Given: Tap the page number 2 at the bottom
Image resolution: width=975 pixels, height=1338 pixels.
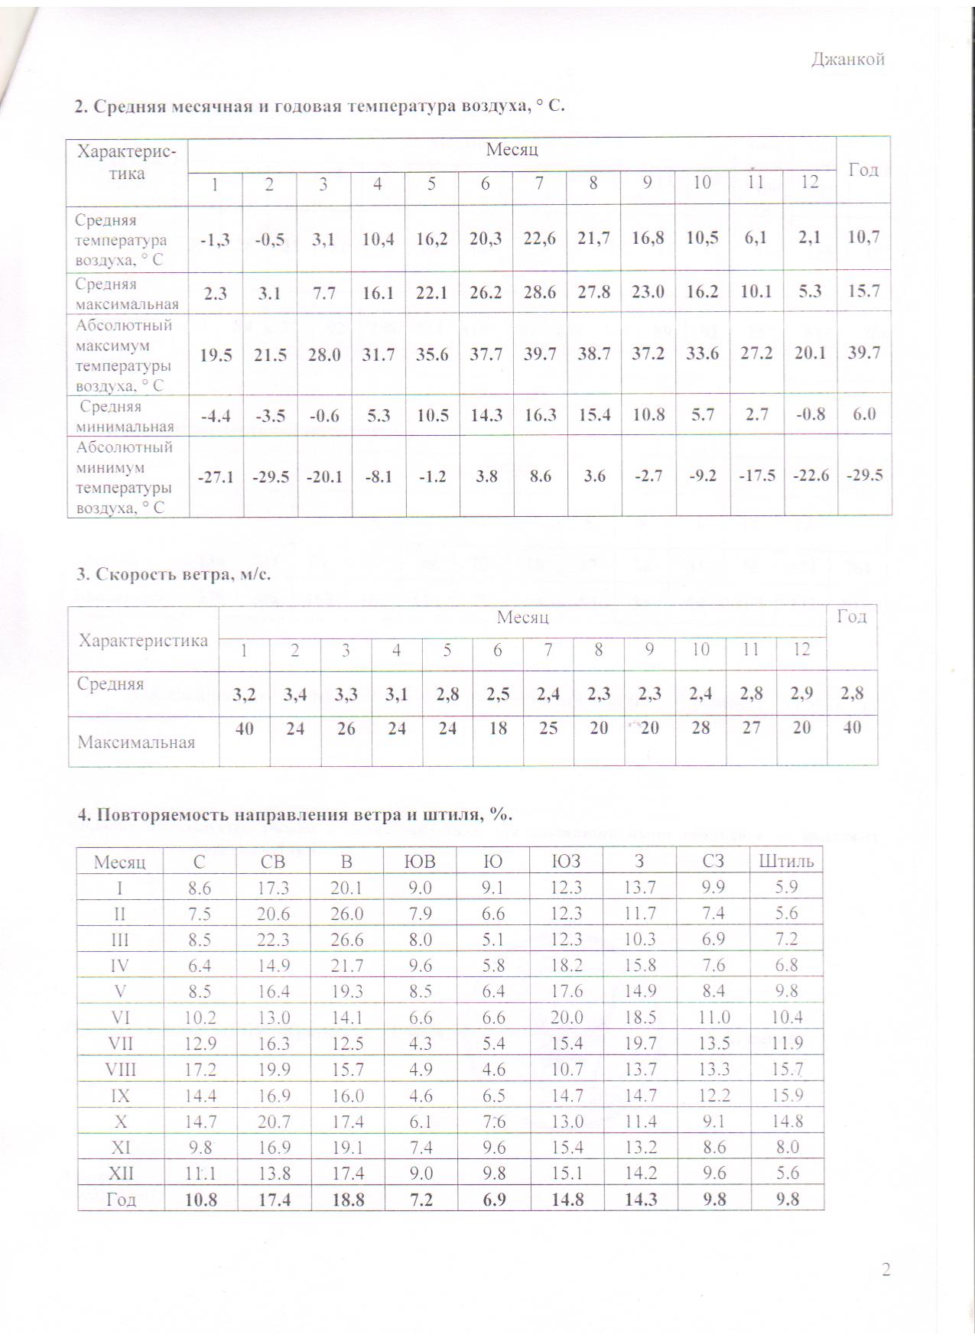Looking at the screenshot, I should (x=886, y=1270).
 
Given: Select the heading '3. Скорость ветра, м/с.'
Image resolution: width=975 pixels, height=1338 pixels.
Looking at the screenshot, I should (x=174, y=573).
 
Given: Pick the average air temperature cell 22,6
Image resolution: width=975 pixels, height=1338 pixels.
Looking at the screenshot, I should (x=539, y=238).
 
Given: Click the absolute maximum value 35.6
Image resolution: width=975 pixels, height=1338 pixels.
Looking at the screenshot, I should (x=431, y=354).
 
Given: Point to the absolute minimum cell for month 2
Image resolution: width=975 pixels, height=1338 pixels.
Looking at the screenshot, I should (x=269, y=476).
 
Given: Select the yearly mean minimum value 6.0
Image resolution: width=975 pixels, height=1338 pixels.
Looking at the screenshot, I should (x=863, y=414).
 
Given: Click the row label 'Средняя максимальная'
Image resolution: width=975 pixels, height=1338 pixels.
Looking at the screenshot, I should (x=127, y=294).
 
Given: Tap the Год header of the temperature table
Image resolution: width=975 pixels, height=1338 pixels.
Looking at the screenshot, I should (x=863, y=170).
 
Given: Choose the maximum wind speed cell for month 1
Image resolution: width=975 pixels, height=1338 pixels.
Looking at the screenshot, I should (x=245, y=729).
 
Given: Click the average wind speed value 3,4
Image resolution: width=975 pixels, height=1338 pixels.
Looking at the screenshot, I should (x=295, y=694).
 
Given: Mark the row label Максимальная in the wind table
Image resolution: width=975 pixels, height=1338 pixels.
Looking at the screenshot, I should (x=137, y=742).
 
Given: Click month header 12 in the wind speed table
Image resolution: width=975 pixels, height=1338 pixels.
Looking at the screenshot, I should (x=801, y=650).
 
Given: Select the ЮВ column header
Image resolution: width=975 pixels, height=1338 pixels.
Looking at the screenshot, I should (x=419, y=862).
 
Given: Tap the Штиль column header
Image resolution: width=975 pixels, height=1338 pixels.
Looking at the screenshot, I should (x=786, y=862).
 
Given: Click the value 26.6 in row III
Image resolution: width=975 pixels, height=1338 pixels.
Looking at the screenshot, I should (x=346, y=940).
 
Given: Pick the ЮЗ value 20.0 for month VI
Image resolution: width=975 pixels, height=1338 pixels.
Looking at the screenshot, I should (x=567, y=1018).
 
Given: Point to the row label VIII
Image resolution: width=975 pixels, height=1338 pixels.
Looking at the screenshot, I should (x=121, y=1070).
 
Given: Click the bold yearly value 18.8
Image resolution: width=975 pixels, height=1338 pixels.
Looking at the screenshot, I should (x=346, y=1200).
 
